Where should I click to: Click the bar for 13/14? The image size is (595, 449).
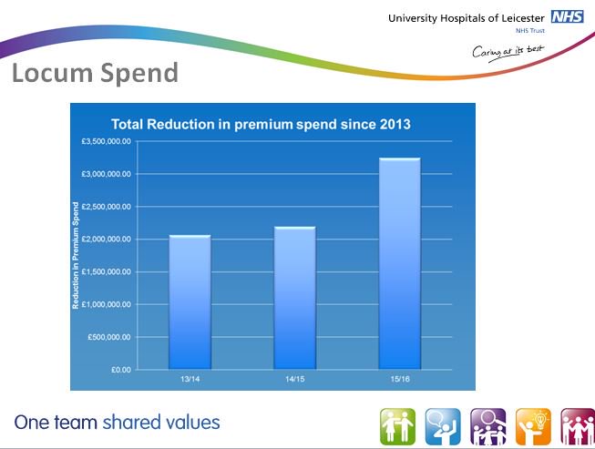coord(190,301)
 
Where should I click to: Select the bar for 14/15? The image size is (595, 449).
coord(295,298)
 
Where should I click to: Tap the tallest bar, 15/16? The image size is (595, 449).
coord(400,263)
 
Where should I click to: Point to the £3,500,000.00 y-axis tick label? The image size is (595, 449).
coord(106,141)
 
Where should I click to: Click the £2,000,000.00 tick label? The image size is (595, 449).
coord(106,240)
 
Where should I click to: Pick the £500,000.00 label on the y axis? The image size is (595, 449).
coord(109,337)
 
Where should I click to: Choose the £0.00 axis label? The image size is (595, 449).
coord(120,370)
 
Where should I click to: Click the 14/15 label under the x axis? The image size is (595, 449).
coord(295,379)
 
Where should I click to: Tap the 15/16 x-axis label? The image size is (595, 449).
coord(400,379)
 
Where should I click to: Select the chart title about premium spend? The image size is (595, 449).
coord(262,125)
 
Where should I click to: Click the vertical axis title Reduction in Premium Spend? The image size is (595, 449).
coord(76,255)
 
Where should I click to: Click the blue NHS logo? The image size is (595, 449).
coord(568,16)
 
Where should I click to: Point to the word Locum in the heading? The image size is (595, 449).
coord(52,73)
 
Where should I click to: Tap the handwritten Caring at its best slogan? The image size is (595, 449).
coord(508,52)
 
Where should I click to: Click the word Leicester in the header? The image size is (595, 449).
coord(522,18)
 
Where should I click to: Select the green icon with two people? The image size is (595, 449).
coord(397,426)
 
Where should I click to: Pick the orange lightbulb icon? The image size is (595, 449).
coord(533,426)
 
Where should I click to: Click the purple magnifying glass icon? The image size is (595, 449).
coord(488,426)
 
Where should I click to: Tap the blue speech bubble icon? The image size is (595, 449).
coord(443,426)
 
